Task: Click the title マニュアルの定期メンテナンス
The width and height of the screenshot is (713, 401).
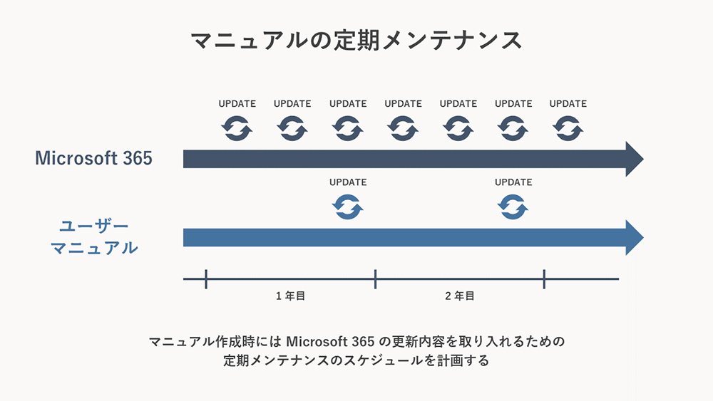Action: click(x=356, y=41)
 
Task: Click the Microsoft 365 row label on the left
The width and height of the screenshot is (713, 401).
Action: click(x=93, y=158)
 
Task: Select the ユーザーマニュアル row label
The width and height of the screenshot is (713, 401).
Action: click(x=94, y=236)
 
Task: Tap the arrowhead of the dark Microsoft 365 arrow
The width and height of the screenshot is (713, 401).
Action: click(x=635, y=159)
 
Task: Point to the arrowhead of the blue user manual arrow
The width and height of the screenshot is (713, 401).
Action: click(x=635, y=237)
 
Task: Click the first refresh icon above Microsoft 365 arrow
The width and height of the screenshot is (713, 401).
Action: click(x=237, y=128)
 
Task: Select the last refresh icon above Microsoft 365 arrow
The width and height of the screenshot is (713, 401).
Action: click(x=568, y=128)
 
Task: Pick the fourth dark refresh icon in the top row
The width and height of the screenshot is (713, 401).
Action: click(x=403, y=128)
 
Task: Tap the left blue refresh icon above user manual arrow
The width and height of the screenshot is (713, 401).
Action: click(x=348, y=207)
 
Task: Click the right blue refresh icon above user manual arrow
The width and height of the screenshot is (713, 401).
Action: click(x=513, y=207)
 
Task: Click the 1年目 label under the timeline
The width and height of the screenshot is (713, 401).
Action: click(x=291, y=296)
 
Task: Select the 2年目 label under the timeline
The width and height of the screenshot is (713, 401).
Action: click(x=460, y=296)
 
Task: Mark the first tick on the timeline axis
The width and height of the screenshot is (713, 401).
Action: click(x=206, y=278)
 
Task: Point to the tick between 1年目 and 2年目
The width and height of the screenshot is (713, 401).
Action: click(x=375, y=278)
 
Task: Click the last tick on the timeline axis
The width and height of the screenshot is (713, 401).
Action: click(x=544, y=278)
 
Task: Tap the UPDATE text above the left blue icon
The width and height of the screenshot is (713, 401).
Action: click(x=348, y=182)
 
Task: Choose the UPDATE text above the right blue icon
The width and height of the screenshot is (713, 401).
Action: click(x=513, y=182)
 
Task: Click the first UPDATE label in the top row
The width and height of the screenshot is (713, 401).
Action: click(x=237, y=103)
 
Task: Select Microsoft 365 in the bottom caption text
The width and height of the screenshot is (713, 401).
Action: click(x=330, y=341)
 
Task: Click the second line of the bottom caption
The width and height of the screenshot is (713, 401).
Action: click(x=356, y=360)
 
